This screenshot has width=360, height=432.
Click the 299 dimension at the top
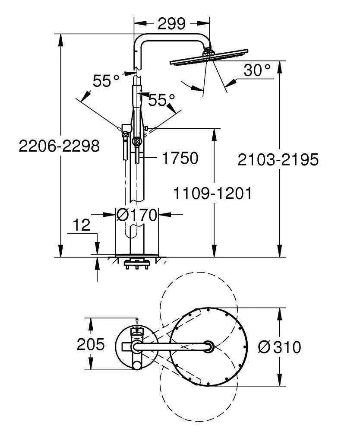point(171,23)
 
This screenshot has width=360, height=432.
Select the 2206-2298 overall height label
point(59,146)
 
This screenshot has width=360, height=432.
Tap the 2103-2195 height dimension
point(278,159)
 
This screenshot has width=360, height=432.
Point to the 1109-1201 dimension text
point(212,193)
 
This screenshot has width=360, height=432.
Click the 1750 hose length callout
point(180,158)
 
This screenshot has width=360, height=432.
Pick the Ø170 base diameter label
point(137,215)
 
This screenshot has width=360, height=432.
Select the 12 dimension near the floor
point(82,225)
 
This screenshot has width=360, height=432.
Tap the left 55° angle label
point(106,81)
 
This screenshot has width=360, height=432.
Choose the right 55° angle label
point(161,100)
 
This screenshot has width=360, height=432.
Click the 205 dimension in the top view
point(91,344)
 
